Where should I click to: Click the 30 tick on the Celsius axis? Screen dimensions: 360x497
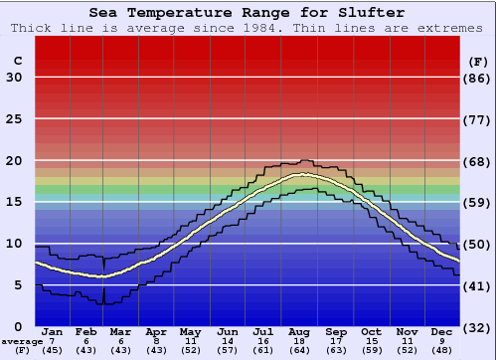tap(14, 78)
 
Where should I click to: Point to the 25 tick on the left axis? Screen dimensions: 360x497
tap(14, 119)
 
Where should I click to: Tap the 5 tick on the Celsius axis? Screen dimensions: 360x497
tap(18, 285)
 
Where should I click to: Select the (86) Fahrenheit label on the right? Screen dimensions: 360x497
tap(478, 78)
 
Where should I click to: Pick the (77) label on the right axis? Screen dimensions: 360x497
tap(478, 119)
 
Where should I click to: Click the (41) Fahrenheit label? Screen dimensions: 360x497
tap(478, 285)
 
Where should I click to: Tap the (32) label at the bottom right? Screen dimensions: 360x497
tap(478, 327)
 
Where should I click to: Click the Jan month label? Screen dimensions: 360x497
tap(54, 331)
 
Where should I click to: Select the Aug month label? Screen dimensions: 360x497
tap(299, 331)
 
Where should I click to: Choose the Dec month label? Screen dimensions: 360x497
tap(442, 331)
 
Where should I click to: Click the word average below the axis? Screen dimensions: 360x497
tap(21, 340)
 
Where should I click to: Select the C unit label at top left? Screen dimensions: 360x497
tap(17, 61)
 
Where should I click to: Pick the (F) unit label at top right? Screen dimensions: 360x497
tap(478, 61)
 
